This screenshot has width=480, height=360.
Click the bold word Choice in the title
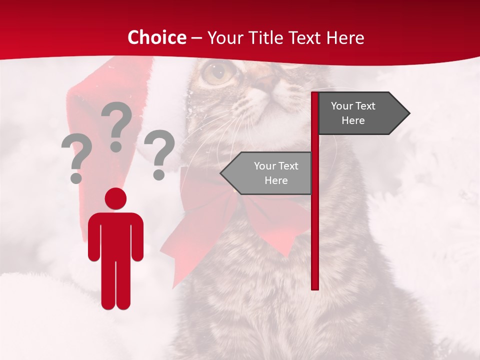(x=156, y=37)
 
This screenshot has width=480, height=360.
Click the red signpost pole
(x=315, y=225)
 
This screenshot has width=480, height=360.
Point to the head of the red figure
(x=115, y=198)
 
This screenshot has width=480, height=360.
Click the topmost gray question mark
(x=117, y=125)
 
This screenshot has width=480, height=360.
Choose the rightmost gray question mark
(x=159, y=153)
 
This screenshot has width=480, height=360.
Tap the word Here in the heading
(x=345, y=37)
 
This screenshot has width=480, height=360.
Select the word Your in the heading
(x=223, y=37)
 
